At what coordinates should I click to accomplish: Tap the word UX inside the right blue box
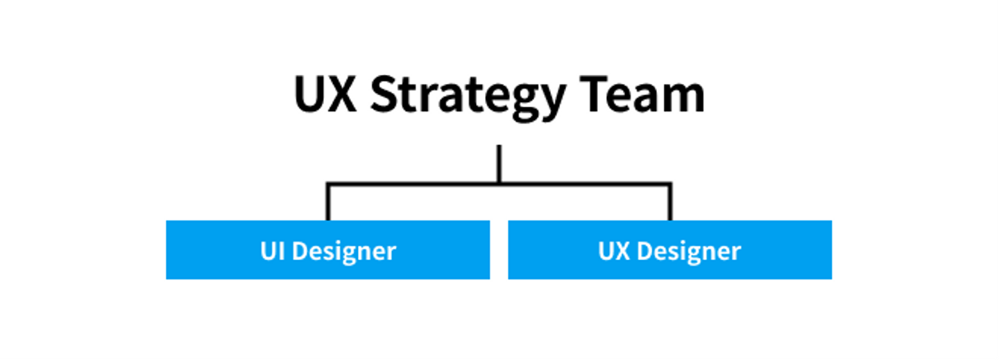pos(613,250)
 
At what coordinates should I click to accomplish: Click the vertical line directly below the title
pos(499,163)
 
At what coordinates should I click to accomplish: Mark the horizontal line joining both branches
pos(416,184)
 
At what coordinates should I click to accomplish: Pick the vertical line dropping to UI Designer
pos(327,203)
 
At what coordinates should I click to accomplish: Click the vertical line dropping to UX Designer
pos(670,203)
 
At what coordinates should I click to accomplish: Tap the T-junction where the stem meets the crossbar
pos(499,184)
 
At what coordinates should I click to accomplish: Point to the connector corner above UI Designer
pos(327,184)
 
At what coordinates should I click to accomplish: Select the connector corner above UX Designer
pos(670,184)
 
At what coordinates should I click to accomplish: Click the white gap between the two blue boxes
pos(499,250)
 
